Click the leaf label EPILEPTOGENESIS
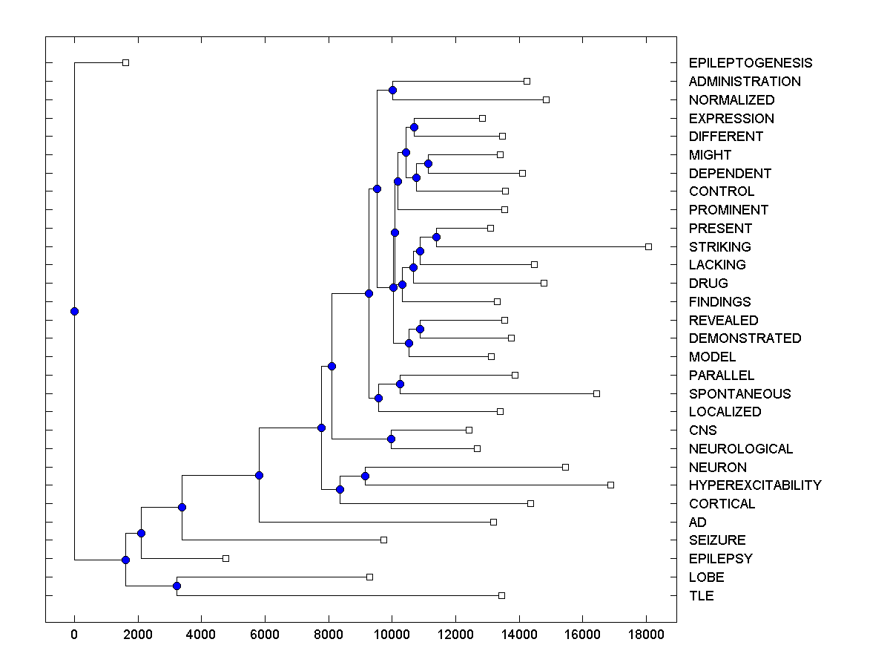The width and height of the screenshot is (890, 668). click(x=750, y=63)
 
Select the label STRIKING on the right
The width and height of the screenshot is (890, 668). click(x=719, y=246)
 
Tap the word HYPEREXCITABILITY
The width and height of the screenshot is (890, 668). click(x=754, y=485)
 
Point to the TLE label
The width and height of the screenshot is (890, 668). click(x=701, y=595)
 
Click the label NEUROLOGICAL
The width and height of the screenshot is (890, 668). click(x=740, y=448)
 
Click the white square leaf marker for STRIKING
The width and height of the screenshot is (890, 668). click(x=648, y=246)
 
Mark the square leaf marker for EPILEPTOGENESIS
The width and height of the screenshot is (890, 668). click(x=125, y=62)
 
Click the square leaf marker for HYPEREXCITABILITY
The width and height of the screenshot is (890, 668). click(x=610, y=485)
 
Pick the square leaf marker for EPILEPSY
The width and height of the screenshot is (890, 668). click(x=225, y=558)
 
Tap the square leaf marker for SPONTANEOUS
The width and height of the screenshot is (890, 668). click(x=596, y=393)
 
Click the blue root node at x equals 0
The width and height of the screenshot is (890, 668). click(x=74, y=311)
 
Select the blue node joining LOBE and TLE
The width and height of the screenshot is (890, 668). click(x=177, y=586)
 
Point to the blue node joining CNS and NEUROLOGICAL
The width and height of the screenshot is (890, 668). click(x=391, y=439)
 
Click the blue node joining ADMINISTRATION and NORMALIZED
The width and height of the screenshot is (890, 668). click(x=392, y=91)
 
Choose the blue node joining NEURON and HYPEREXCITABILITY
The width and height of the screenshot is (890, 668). click(x=365, y=476)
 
